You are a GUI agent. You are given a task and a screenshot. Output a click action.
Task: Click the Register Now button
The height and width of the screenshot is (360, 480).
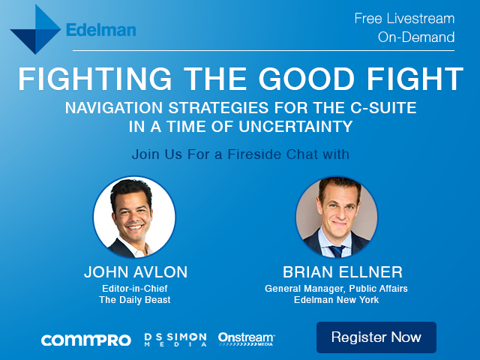[x=376, y=337]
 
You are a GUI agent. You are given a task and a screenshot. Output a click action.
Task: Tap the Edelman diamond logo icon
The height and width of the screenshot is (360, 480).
[x=35, y=29]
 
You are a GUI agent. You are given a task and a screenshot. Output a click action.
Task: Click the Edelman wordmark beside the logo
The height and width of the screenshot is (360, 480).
[x=101, y=30]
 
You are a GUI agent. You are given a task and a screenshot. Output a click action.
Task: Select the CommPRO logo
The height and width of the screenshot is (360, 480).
[x=86, y=340]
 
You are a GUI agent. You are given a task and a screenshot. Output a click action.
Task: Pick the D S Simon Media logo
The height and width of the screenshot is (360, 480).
[x=175, y=340]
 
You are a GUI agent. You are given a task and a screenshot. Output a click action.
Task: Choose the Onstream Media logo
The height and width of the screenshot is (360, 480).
[x=247, y=339]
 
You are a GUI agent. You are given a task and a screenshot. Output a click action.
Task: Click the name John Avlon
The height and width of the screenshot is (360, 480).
[x=136, y=271]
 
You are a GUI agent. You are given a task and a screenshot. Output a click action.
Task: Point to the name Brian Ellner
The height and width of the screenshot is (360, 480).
[x=343, y=271]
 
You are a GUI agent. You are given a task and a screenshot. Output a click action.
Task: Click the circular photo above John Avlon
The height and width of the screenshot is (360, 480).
[x=134, y=217]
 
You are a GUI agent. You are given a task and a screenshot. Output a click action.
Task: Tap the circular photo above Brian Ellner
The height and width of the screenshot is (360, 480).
[x=337, y=217]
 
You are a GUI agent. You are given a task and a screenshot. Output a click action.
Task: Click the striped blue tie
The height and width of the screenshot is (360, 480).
[x=337, y=251]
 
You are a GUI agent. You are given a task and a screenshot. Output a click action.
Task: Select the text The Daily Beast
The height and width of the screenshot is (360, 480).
[x=135, y=300]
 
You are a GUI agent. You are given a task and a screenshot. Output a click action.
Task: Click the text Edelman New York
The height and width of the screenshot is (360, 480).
[x=337, y=300]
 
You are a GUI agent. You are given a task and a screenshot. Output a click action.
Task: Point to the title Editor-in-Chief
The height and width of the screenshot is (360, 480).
[x=135, y=288]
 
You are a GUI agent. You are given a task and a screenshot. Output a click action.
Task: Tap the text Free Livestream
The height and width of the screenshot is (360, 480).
[x=404, y=18]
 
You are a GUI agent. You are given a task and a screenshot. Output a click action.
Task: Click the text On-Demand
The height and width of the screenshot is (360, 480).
[x=416, y=37]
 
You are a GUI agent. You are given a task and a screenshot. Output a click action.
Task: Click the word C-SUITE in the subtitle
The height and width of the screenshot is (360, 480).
[x=383, y=108]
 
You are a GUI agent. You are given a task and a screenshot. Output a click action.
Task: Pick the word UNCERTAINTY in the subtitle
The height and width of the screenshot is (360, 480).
[x=295, y=127]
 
